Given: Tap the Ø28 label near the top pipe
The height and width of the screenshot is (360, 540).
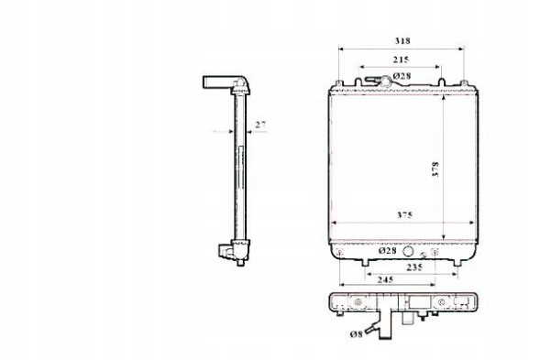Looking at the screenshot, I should click(x=401, y=75).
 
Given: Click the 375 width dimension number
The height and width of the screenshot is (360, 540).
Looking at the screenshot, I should click(x=404, y=214).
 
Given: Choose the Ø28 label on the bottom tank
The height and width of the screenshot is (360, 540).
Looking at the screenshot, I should click(x=387, y=250).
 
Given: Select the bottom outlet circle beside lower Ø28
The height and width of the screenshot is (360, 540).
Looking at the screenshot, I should click(x=410, y=248).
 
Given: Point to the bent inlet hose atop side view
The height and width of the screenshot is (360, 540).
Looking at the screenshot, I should click(x=220, y=83).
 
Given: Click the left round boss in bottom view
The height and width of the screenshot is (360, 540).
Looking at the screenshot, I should click(x=350, y=302).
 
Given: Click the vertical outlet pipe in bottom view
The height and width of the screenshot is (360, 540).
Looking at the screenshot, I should click(x=402, y=326).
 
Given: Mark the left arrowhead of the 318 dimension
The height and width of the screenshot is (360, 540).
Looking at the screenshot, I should click(x=341, y=48).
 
